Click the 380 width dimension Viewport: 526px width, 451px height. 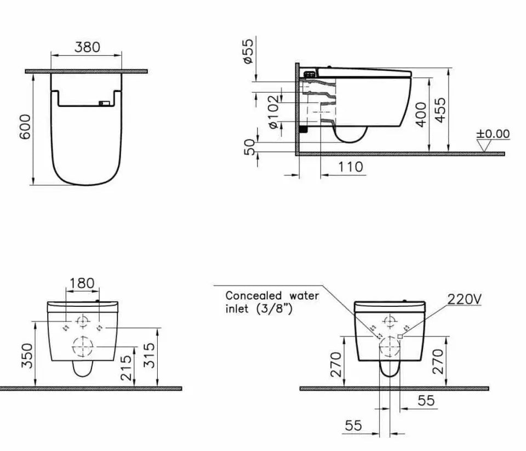[x=87, y=47]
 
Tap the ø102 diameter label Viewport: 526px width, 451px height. [x=273, y=112]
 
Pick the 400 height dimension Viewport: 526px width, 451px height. [x=421, y=113]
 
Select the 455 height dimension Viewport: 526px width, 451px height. [x=439, y=110]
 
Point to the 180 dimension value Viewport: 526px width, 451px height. [x=82, y=283]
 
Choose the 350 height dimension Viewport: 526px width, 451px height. [x=27, y=357]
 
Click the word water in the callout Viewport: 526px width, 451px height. [x=304, y=295]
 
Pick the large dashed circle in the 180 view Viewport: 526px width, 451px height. [x=82, y=346]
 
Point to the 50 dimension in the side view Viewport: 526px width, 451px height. [x=249, y=146]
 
